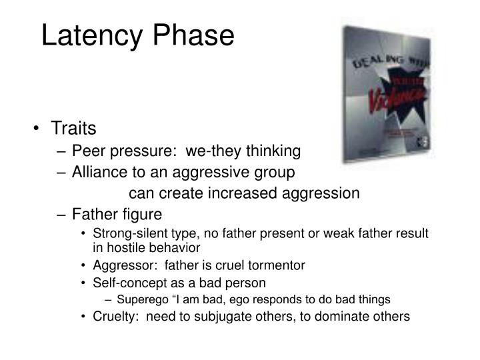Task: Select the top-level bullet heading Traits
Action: click(74, 128)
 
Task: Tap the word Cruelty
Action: click(113, 317)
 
